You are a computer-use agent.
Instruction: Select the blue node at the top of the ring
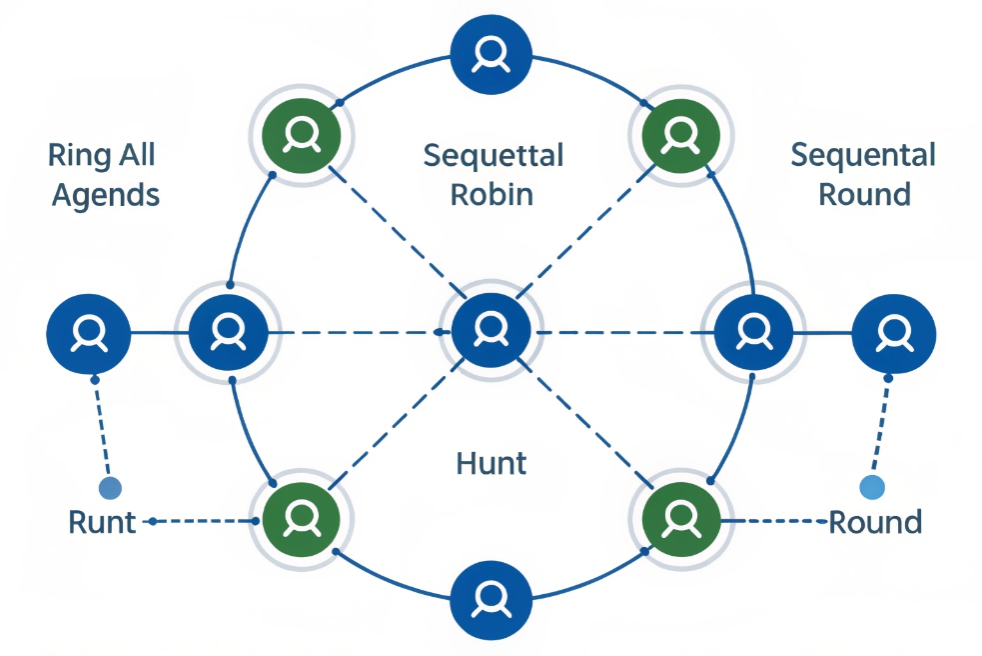point(491,53)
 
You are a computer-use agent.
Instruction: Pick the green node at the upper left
point(301,133)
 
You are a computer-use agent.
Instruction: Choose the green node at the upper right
point(680,133)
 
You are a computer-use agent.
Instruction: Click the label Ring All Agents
point(104,174)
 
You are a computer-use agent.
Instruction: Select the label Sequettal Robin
point(492,174)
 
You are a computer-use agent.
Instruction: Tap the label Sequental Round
point(863,174)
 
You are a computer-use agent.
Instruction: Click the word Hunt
point(491,464)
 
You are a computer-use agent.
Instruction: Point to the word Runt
point(102,522)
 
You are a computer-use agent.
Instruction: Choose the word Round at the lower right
point(875,522)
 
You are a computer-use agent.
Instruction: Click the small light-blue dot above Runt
point(110,488)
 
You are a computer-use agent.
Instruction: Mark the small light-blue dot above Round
point(872,487)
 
